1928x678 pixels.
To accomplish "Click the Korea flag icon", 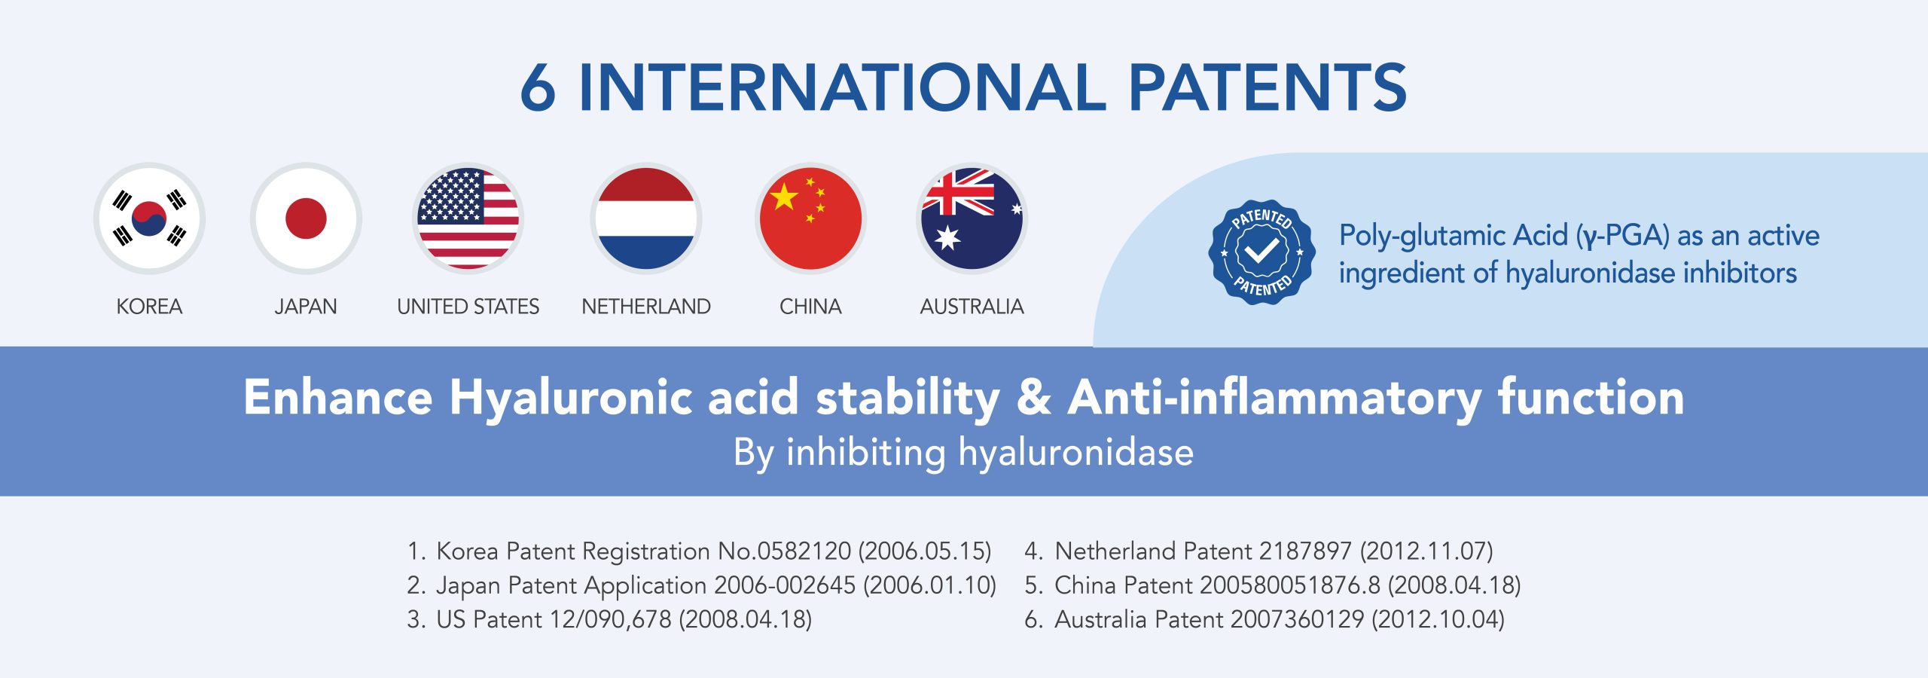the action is [x=149, y=218].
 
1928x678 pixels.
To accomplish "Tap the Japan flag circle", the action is [x=306, y=218].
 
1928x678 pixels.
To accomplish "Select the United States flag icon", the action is [x=468, y=218].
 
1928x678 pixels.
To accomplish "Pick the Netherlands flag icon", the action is [x=646, y=218].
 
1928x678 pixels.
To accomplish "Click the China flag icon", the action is [x=810, y=218].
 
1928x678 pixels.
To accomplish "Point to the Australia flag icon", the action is [x=972, y=218].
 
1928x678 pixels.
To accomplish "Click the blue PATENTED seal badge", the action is [x=1262, y=252].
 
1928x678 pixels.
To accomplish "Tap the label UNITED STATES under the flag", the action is [x=468, y=307].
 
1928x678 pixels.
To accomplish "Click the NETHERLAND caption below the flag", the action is [x=646, y=307].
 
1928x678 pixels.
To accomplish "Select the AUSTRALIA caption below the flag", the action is [x=972, y=307].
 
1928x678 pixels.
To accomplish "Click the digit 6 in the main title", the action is [x=538, y=87].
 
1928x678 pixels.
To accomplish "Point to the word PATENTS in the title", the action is [x=1268, y=87].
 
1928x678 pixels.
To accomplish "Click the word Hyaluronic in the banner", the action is [x=571, y=398].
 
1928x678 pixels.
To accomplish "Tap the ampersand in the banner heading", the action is [x=1034, y=397].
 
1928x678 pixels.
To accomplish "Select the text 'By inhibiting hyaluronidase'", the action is [x=964, y=453].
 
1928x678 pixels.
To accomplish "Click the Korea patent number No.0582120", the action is [x=785, y=551].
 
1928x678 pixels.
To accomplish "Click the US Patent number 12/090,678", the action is [x=611, y=619].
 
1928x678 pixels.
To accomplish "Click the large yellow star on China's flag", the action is [x=784, y=197].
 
